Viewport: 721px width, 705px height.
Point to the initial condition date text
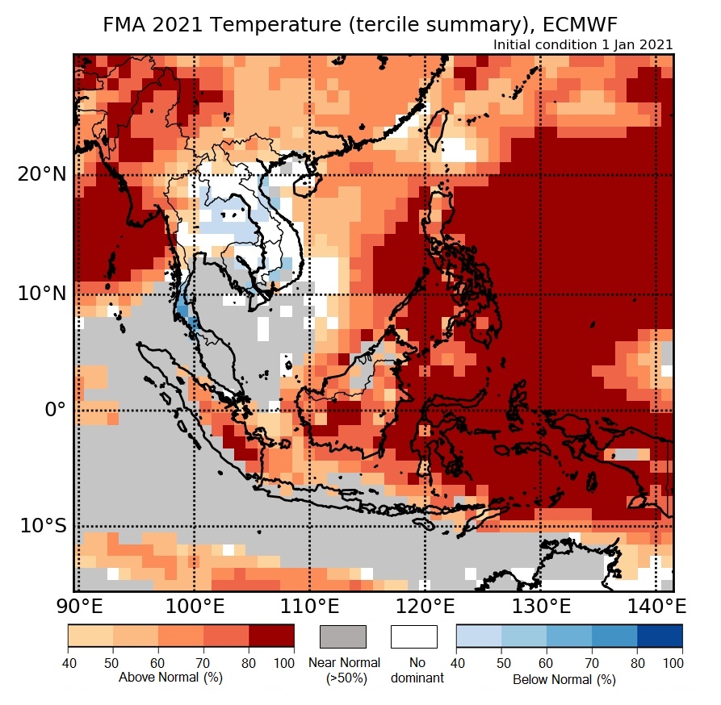pyautogui.click(x=583, y=45)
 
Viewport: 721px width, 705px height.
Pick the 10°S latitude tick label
pyautogui.click(x=43, y=526)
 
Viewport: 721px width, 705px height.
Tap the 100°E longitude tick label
pyautogui.click(x=194, y=605)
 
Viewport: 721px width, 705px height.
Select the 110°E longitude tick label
pyautogui.click(x=309, y=605)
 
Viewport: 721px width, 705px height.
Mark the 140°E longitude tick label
pyautogui.click(x=655, y=605)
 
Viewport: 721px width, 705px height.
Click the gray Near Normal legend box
pyautogui.click(x=343, y=636)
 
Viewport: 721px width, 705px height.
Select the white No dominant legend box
pyautogui.click(x=414, y=636)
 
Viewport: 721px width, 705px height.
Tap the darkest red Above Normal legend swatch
pyautogui.click(x=271, y=636)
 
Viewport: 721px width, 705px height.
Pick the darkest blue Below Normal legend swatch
pyautogui.click(x=660, y=636)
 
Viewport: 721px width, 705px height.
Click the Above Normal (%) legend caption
pyautogui.click(x=170, y=678)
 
